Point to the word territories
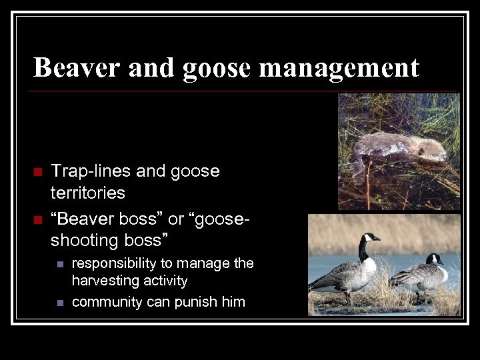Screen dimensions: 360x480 pos(88,193)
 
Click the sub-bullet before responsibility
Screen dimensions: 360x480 pos(59,265)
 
